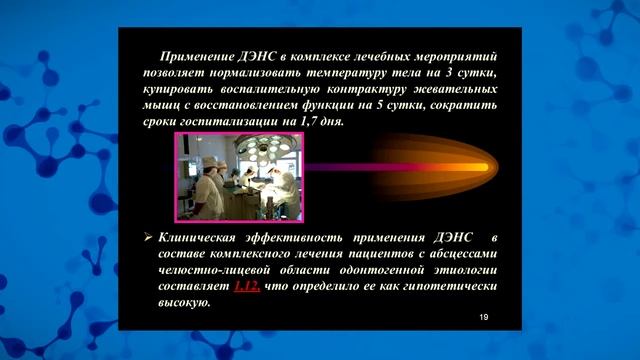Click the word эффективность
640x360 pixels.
(x=298, y=238)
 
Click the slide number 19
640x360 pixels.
(x=484, y=316)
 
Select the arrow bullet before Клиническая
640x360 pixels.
(x=147, y=238)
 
